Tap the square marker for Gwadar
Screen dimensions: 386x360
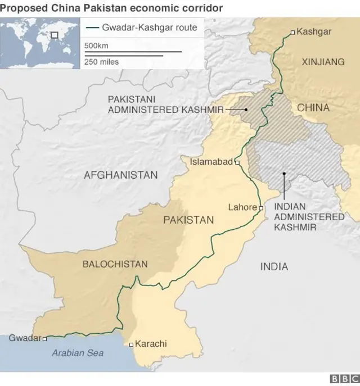pos(45,339)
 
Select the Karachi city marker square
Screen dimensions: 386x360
pos(131,344)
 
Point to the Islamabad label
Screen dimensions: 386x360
pos(211,162)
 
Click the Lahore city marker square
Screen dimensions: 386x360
pos(261,208)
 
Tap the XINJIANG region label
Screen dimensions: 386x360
pos(323,62)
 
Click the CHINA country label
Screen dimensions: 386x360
pos(313,107)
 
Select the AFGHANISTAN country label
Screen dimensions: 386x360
pos(121,175)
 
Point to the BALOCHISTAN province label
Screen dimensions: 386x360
pos(115,264)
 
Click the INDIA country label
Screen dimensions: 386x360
pos(274,267)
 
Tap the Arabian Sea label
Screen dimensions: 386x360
pos(78,353)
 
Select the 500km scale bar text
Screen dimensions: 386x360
pos(96,46)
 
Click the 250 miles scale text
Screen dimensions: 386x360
pos(102,61)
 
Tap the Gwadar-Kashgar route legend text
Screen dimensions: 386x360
pos(149,28)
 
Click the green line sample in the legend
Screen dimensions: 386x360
pos(92,28)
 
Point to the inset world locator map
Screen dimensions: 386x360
pos(40,43)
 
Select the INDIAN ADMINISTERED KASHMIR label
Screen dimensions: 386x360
pos(309,216)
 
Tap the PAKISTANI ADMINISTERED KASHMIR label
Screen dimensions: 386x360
pos(165,104)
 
